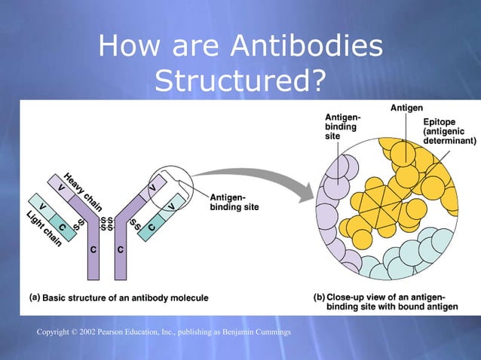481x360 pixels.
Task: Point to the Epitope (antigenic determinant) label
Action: tap(449, 131)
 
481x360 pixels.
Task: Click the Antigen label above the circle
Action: tap(406, 108)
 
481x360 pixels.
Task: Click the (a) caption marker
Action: tap(34, 297)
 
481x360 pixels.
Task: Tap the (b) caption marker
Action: tap(319, 297)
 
